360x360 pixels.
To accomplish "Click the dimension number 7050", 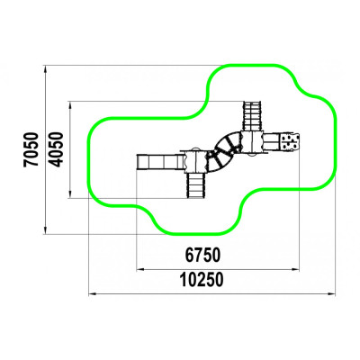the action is (31, 149).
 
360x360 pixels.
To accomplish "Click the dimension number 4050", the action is (57, 149).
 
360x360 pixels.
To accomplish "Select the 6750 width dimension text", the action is (202, 255).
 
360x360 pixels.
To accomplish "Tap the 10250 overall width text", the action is (202, 280).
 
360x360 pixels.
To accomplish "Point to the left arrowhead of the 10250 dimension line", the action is (92, 294).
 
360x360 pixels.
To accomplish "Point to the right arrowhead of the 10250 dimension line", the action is (332, 294).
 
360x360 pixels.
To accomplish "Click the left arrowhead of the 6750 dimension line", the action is (139, 270).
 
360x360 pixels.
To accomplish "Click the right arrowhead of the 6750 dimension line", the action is (296, 270).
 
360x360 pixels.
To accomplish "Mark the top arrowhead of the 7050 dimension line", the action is (46, 68).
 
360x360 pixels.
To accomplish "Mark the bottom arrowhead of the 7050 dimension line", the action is (46, 231).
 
